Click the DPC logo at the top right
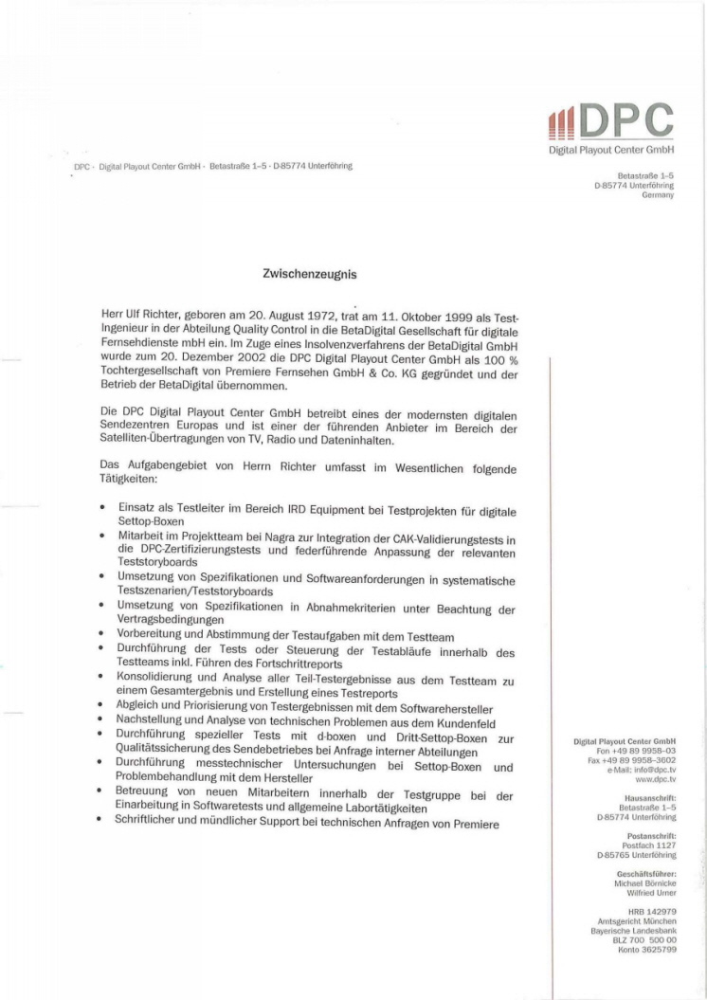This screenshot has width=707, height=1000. pyautogui.click(x=612, y=121)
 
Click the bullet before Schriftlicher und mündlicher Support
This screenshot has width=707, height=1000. pyautogui.click(x=101, y=822)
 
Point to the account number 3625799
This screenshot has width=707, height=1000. pyautogui.click(x=658, y=948)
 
